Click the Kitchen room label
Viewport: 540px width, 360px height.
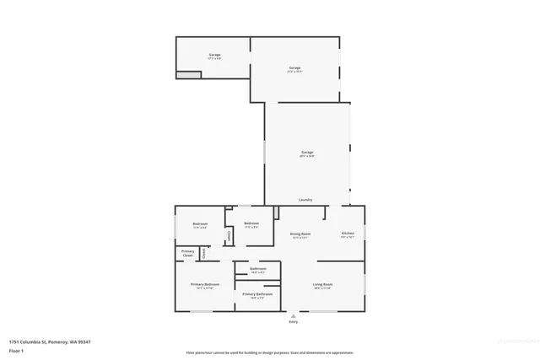click(347, 233)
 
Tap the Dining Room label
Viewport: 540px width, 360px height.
click(300, 234)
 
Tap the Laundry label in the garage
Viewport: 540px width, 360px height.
click(305, 200)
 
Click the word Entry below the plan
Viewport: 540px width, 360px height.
click(294, 322)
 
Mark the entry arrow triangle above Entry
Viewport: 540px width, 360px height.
click(294, 315)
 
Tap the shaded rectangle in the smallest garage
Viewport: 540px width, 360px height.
click(189, 75)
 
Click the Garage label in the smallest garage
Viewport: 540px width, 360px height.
click(215, 55)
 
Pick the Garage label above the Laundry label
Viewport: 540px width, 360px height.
click(307, 152)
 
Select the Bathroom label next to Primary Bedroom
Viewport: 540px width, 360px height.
click(257, 268)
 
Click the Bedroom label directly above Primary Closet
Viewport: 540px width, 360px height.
click(200, 223)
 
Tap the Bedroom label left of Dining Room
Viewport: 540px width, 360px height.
click(251, 223)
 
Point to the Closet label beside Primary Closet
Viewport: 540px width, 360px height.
click(202, 252)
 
